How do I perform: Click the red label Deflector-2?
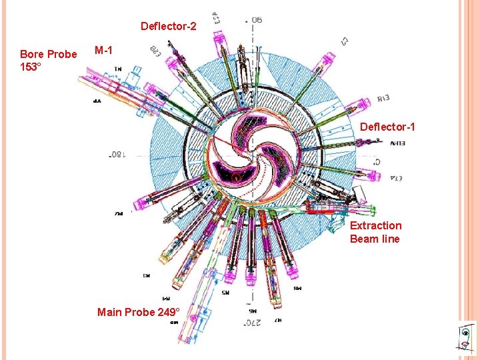point(168,27)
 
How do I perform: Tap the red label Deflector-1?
point(387,127)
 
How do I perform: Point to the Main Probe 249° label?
point(138,312)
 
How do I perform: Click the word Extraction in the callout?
point(376,225)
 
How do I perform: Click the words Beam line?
point(375,239)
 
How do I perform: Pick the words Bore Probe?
point(48,54)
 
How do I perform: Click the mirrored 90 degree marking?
point(257,19)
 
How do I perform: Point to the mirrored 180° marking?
point(118,155)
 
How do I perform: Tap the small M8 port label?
point(297,289)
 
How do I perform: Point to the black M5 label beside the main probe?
point(226,292)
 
